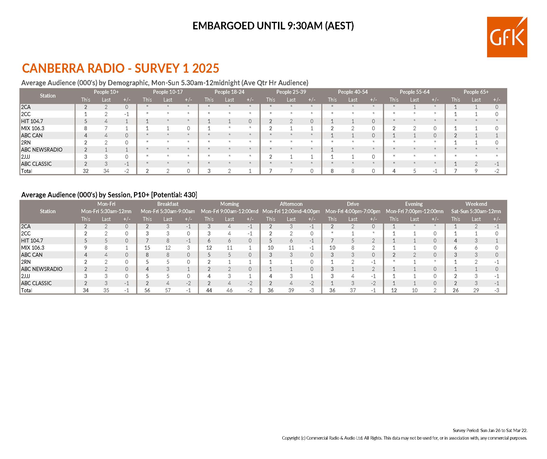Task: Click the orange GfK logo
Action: [507, 37]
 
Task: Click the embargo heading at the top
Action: [273, 26]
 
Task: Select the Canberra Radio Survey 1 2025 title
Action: [120, 68]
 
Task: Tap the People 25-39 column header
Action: [291, 92]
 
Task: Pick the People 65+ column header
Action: [476, 92]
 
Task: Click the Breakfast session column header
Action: [168, 204]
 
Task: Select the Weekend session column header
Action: [476, 204]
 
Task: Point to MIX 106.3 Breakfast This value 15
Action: [147, 248]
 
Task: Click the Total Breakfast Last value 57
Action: [168, 290]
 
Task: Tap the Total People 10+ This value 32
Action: [85, 171]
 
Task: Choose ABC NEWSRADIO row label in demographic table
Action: [42, 149]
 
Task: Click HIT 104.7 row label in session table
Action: [32, 241]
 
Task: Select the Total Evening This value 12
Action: [394, 290]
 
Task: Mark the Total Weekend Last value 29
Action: [476, 290]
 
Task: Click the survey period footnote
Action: [490, 430]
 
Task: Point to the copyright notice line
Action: [404, 438]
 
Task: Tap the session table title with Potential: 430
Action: [109, 195]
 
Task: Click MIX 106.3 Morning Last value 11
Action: [229, 248]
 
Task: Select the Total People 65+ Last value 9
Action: [476, 171]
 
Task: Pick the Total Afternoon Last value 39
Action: [291, 290]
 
